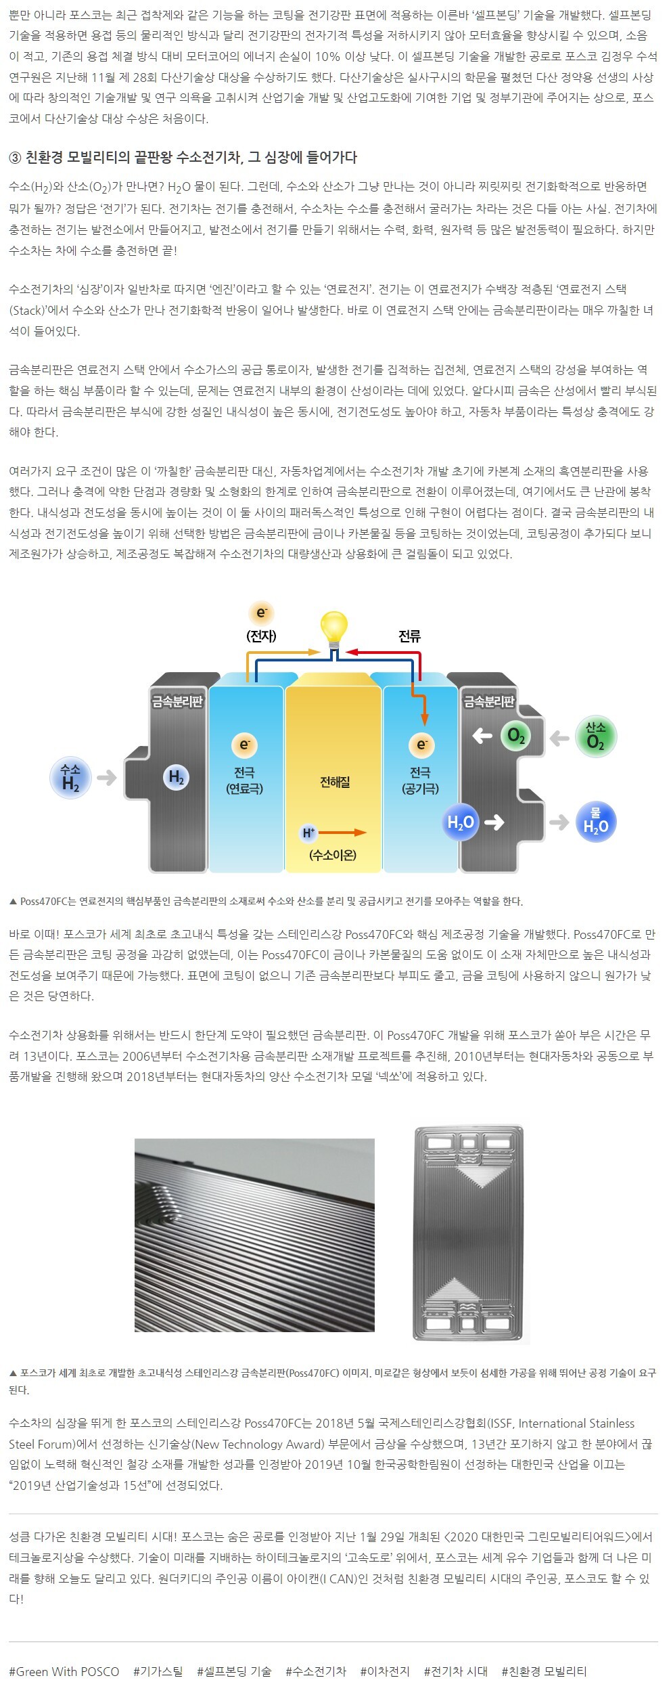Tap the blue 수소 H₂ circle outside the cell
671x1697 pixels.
(70, 778)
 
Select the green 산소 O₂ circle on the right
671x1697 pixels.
(595, 736)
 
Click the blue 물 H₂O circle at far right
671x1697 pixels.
(595, 821)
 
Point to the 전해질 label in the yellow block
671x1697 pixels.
(335, 782)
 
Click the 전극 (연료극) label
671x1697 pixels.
(244, 780)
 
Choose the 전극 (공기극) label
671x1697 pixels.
(420, 780)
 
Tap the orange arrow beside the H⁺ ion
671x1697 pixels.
(342, 833)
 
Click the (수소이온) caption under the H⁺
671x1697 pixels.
(333, 855)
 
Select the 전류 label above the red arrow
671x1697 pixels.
(409, 636)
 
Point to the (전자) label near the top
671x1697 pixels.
(261, 636)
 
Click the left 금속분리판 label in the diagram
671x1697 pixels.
(177, 701)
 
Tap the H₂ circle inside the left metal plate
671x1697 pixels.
(176, 778)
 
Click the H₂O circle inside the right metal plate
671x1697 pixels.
(461, 822)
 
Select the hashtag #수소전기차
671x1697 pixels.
(316, 1671)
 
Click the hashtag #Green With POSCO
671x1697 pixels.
(64, 1671)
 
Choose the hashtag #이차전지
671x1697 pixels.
(385, 1671)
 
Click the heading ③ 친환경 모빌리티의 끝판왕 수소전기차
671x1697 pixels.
(183, 157)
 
